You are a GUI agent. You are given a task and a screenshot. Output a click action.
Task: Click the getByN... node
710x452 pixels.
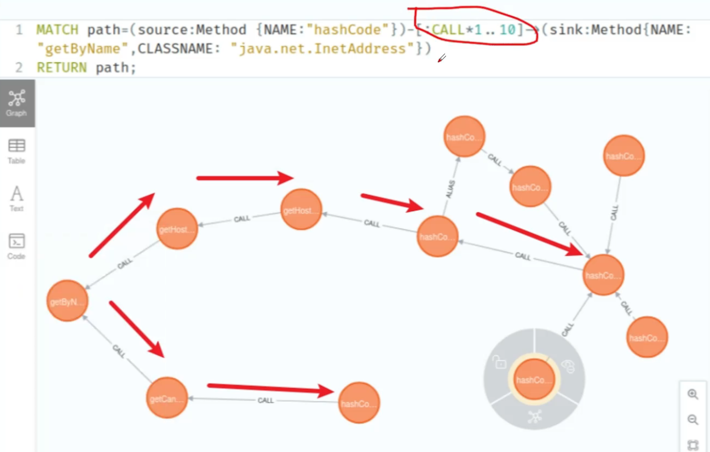point(67,301)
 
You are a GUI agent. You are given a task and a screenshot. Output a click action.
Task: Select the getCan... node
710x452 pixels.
point(167,398)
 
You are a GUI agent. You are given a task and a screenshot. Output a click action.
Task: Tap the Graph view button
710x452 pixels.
point(17,103)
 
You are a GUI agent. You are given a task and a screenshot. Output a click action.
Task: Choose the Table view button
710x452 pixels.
point(16,151)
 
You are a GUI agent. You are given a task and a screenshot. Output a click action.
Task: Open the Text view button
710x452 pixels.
point(16,198)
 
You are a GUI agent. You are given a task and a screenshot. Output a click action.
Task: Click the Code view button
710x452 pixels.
point(16,246)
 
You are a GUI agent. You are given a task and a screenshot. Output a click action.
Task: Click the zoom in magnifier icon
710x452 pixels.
point(693,395)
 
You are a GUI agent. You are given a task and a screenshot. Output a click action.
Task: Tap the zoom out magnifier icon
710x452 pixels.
point(693,419)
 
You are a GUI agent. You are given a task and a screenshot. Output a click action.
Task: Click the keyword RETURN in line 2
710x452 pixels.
point(61,68)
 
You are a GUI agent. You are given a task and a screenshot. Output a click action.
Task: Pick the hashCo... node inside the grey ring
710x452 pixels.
point(534,380)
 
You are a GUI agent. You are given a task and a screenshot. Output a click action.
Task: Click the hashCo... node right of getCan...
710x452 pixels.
point(358,403)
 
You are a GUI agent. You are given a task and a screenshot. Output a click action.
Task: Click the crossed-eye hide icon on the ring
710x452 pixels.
point(568,366)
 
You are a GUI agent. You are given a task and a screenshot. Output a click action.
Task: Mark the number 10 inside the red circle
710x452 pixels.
point(507,30)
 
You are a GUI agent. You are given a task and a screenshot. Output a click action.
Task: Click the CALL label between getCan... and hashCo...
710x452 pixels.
point(266,401)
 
